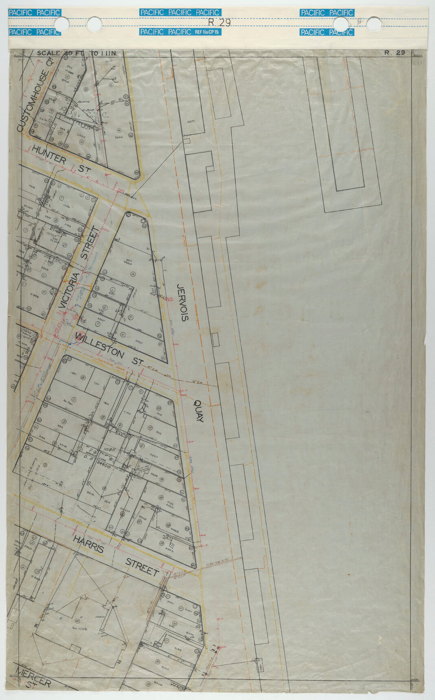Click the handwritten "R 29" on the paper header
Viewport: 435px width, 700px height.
(219, 22)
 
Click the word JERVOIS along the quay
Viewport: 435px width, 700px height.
(182, 303)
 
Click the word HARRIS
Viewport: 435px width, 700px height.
(88, 544)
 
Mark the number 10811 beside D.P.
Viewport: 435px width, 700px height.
(108, 449)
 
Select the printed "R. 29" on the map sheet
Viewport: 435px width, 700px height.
(394, 53)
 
